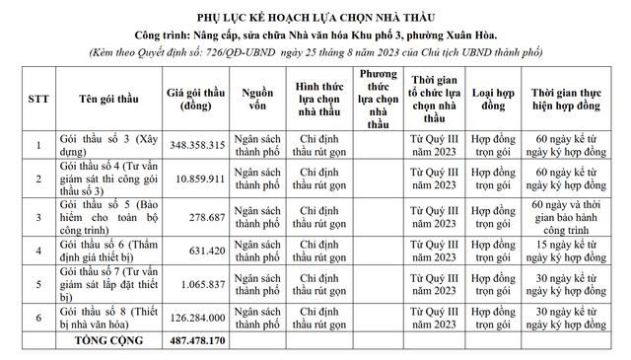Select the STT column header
[37, 100]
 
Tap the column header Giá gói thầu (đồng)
[197, 100]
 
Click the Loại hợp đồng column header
[494, 100]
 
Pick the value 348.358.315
[198, 145]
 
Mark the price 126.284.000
[198, 318]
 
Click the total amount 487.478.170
[198, 339]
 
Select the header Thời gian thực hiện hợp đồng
[569, 100]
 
